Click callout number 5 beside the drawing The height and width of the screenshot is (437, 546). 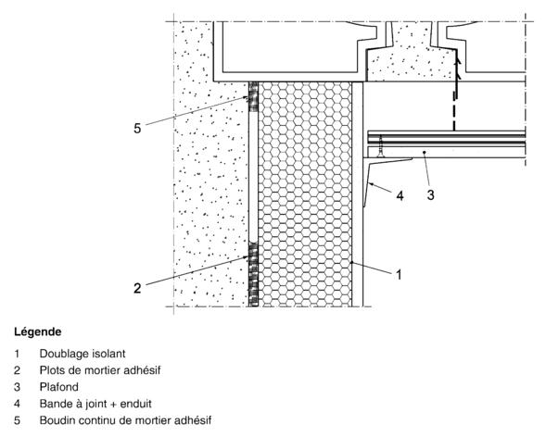click(137, 129)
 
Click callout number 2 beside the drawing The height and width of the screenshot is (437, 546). click(137, 288)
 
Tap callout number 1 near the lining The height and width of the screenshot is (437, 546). click(399, 275)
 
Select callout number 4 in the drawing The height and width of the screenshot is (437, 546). click(400, 195)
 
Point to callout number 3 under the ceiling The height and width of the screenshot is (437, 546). click(431, 195)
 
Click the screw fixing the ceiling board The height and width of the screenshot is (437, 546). click(381, 146)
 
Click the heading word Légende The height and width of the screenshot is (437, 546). click(38, 331)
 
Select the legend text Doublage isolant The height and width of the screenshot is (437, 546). click(83, 354)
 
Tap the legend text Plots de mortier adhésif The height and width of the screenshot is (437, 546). click(100, 370)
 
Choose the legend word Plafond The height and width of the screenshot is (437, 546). click(58, 387)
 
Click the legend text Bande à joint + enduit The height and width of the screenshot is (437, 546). click(95, 404)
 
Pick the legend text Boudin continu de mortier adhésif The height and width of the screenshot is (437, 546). click(125, 420)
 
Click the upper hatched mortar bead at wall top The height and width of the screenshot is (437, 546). click(253, 96)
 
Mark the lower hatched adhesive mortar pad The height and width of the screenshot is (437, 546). click(253, 275)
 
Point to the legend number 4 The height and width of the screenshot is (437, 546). click(17, 404)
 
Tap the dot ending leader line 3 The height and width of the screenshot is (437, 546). click(425, 152)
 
